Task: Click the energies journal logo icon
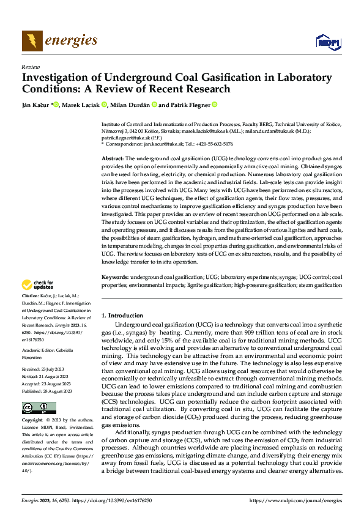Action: click(31, 41)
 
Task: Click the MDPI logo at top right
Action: click(327, 42)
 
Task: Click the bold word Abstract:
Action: click(113, 158)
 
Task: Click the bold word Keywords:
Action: click(114, 278)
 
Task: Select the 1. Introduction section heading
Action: click(122, 316)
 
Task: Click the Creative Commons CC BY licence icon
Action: click(39, 408)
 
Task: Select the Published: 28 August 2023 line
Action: click(48, 391)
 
